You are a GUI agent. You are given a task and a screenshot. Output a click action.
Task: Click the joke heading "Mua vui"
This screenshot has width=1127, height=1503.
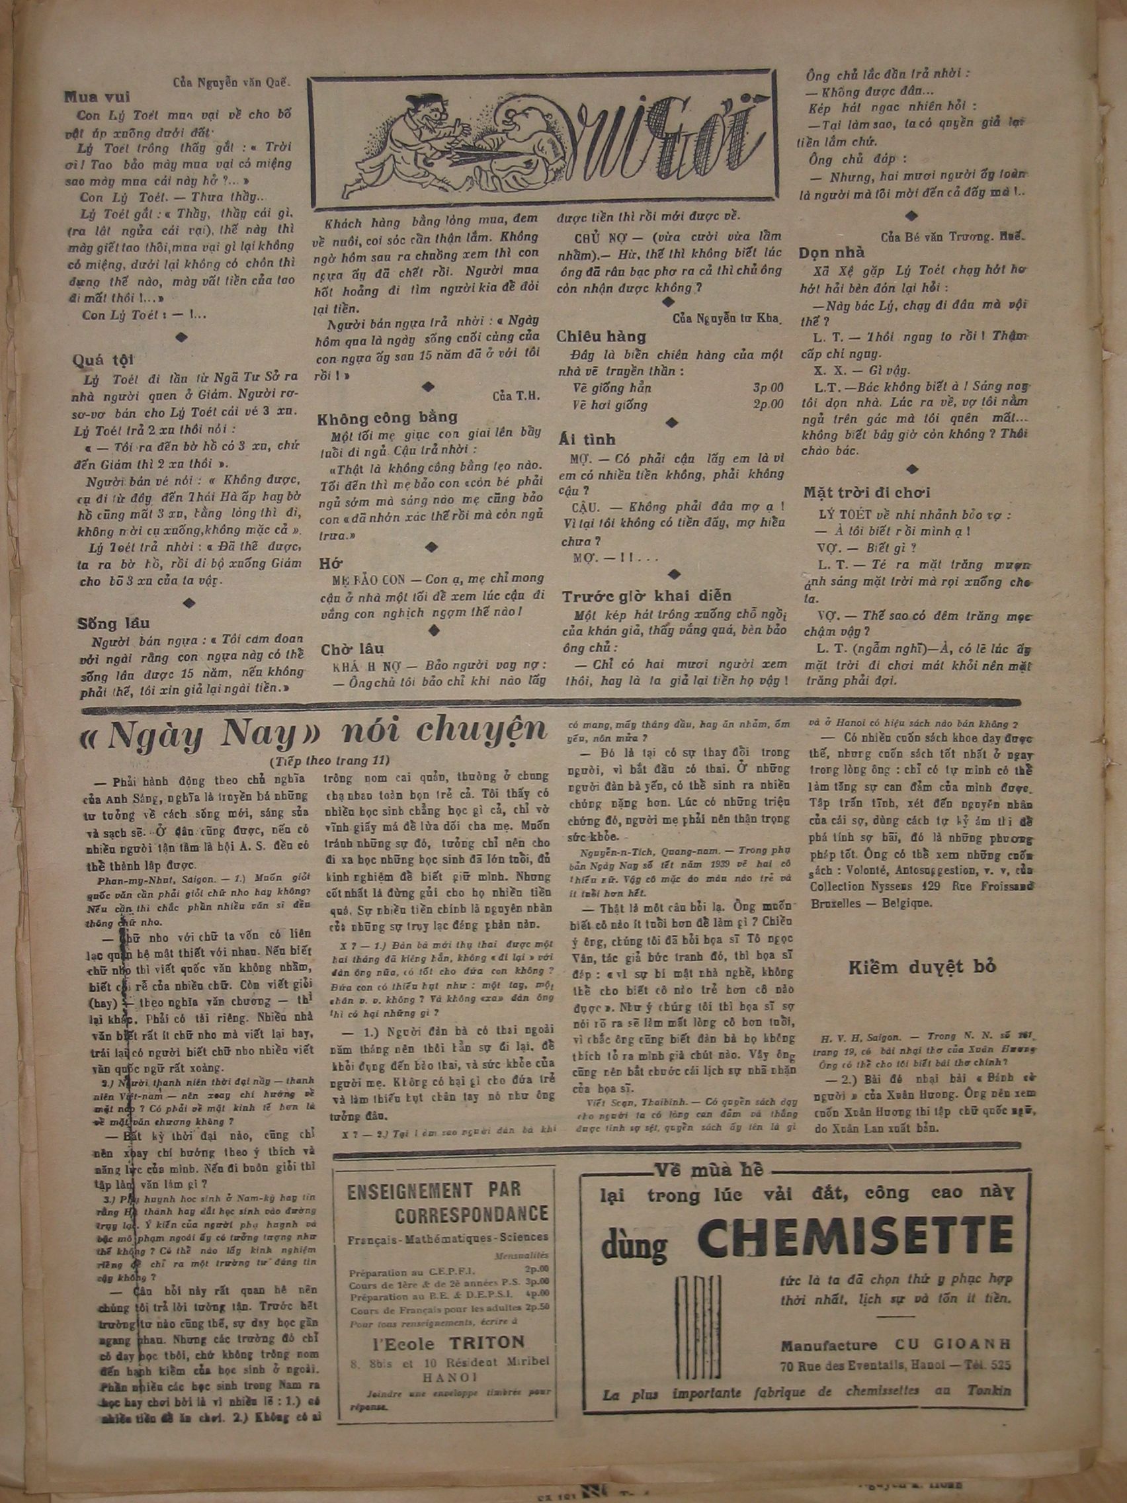[x=97, y=97]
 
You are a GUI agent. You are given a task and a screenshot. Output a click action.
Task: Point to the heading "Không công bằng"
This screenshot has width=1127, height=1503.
[x=387, y=417]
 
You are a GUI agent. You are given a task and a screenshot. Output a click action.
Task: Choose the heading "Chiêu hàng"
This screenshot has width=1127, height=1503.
[x=601, y=335]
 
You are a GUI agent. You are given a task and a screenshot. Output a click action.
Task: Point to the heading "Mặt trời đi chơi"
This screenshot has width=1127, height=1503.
[x=867, y=492]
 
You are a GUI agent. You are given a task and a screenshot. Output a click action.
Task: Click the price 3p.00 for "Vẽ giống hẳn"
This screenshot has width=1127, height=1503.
[x=767, y=388]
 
